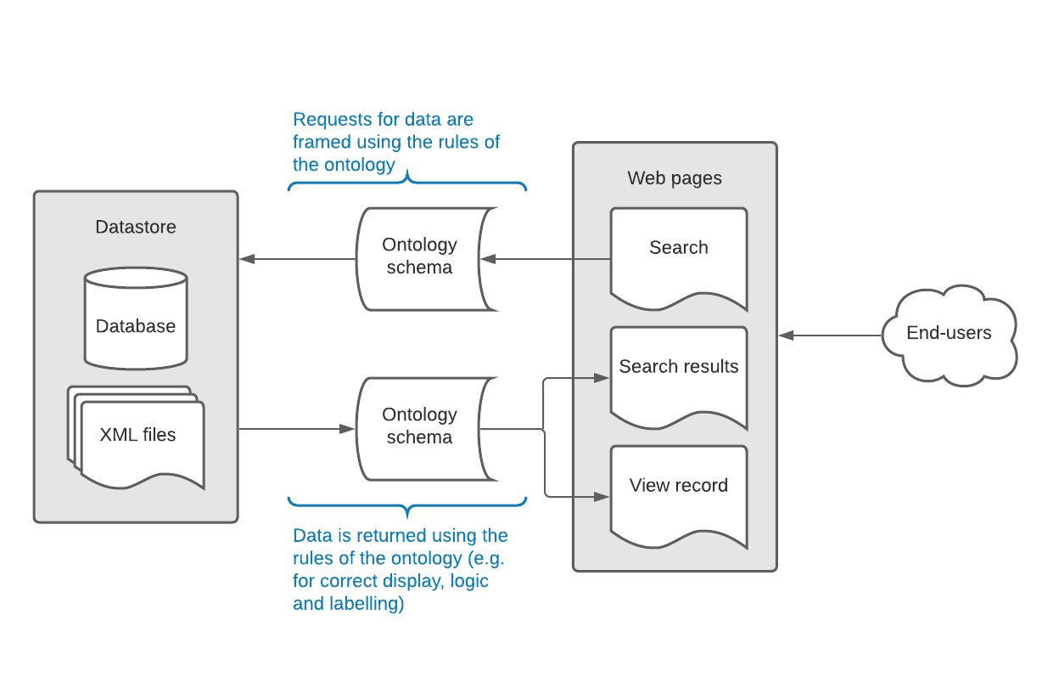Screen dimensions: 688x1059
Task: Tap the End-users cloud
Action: click(x=948, y=334)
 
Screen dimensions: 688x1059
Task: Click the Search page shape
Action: click(x=678, y=255)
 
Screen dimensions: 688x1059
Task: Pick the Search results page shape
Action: click(x=678, y=374)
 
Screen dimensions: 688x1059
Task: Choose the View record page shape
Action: click(x=678, y=493)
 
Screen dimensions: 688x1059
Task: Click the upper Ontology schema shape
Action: click(x=419, y=257)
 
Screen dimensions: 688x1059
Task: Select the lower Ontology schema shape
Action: click(x=419, y=427)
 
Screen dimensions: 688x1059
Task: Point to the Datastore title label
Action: click(x=136, y=227)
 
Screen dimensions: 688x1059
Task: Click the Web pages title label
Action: click(x=675, y=178)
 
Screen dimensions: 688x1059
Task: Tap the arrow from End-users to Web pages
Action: click(x=832, y=336)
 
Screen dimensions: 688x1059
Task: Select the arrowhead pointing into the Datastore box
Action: click(x=247, y=259)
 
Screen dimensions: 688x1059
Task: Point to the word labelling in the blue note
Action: click(x=365, y=604)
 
